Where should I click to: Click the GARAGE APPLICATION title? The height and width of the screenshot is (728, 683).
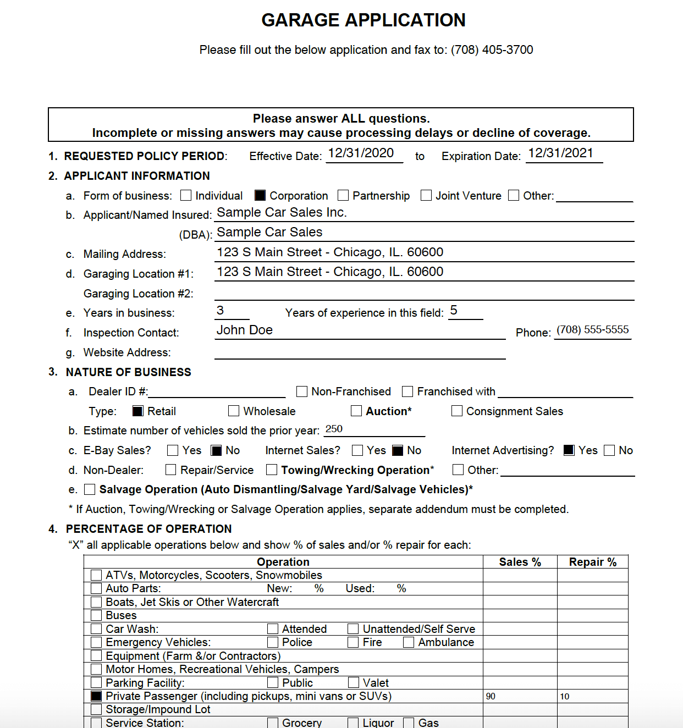pyautogui.click(x=363, y=20)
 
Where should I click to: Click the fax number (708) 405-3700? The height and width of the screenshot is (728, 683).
pyautogui.click(x=492, y=50)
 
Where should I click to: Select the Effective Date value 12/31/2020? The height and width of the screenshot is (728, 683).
pyautogui.click(x=361, y=153)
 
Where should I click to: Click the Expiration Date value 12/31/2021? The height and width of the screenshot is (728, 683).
pyautogui.click(x=560, y=153)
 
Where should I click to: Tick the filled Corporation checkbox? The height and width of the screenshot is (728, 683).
pyautogui.click(x=260, y=196)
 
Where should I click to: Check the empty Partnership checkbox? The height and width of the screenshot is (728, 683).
pyautogui.click(x=343, y=196)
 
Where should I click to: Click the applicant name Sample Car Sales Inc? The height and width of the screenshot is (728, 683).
pyautogui.click(x=282, y=213)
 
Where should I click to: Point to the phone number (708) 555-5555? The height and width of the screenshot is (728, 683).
pyautogui.click(x=592, y=330)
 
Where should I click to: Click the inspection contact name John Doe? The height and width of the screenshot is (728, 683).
pyautogui.click(x=245, y=330)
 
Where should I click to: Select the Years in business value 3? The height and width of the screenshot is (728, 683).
pyautogui.click(x=221, y=311)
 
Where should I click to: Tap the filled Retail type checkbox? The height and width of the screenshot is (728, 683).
pyautogui.click(x=138, y=411)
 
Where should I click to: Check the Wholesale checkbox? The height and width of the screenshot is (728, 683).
pyautogui.click(x=234, y=411)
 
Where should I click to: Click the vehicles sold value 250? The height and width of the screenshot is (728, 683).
pyautogui.click(x=334, y=429)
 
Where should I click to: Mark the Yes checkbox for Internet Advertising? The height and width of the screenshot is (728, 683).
pyautogui.click(x=569, y=450)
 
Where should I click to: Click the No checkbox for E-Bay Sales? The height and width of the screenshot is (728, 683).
pyautogui.click(x=217, y=450)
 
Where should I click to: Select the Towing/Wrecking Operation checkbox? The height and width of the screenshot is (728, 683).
pyautogui.click(x=272, y=470)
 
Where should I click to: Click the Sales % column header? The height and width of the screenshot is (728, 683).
pyautogui.click(x=520, y=562)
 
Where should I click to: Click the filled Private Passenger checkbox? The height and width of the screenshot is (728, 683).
pyautogui.click(x=96, y=696)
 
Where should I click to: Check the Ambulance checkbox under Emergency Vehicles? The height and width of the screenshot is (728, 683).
pyautogui.click(x=409, y=642)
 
